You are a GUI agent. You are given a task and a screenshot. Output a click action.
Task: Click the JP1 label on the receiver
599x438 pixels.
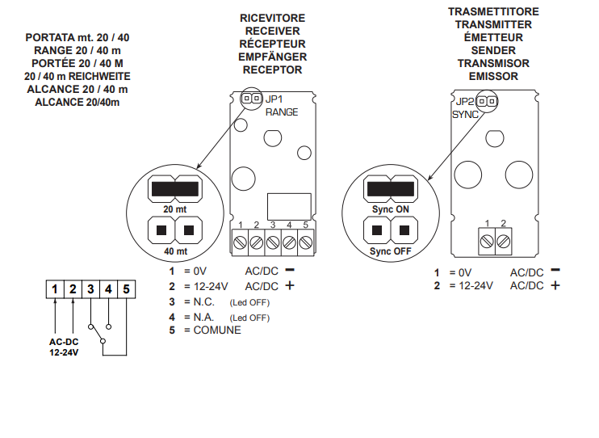click(x=276, y=99)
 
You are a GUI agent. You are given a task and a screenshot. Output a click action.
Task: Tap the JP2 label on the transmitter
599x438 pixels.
click(x=464, y=102)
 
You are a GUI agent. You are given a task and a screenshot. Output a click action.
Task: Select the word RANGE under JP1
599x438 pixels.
click(x=282, y=112)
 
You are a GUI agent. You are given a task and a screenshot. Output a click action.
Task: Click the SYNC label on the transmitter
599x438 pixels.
click(x=465, y=115)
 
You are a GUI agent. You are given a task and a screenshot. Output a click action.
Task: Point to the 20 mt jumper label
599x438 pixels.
click(x=175, y=208)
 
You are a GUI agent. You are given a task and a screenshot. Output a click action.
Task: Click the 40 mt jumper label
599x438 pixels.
click(x=175, y=251)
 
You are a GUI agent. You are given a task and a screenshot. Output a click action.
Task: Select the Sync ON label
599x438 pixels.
click(x=390, y=208)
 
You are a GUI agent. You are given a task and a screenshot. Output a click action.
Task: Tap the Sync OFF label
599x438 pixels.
click(x=390, y=251)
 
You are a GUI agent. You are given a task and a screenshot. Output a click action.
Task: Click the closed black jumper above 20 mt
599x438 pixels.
click(x=175, y=189)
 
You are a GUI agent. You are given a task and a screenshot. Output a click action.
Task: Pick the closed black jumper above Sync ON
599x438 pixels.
click(x=390, y=189)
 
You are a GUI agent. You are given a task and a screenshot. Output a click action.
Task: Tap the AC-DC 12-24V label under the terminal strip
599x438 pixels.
click(x=64, y=347)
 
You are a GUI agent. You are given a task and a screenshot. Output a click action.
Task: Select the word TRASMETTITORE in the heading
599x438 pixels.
click(x=493, y=12)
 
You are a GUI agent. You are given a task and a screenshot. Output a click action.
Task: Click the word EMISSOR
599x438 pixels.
click(x=493, y=76)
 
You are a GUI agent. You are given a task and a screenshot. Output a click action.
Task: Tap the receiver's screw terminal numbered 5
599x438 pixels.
click(x=305, y=242)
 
